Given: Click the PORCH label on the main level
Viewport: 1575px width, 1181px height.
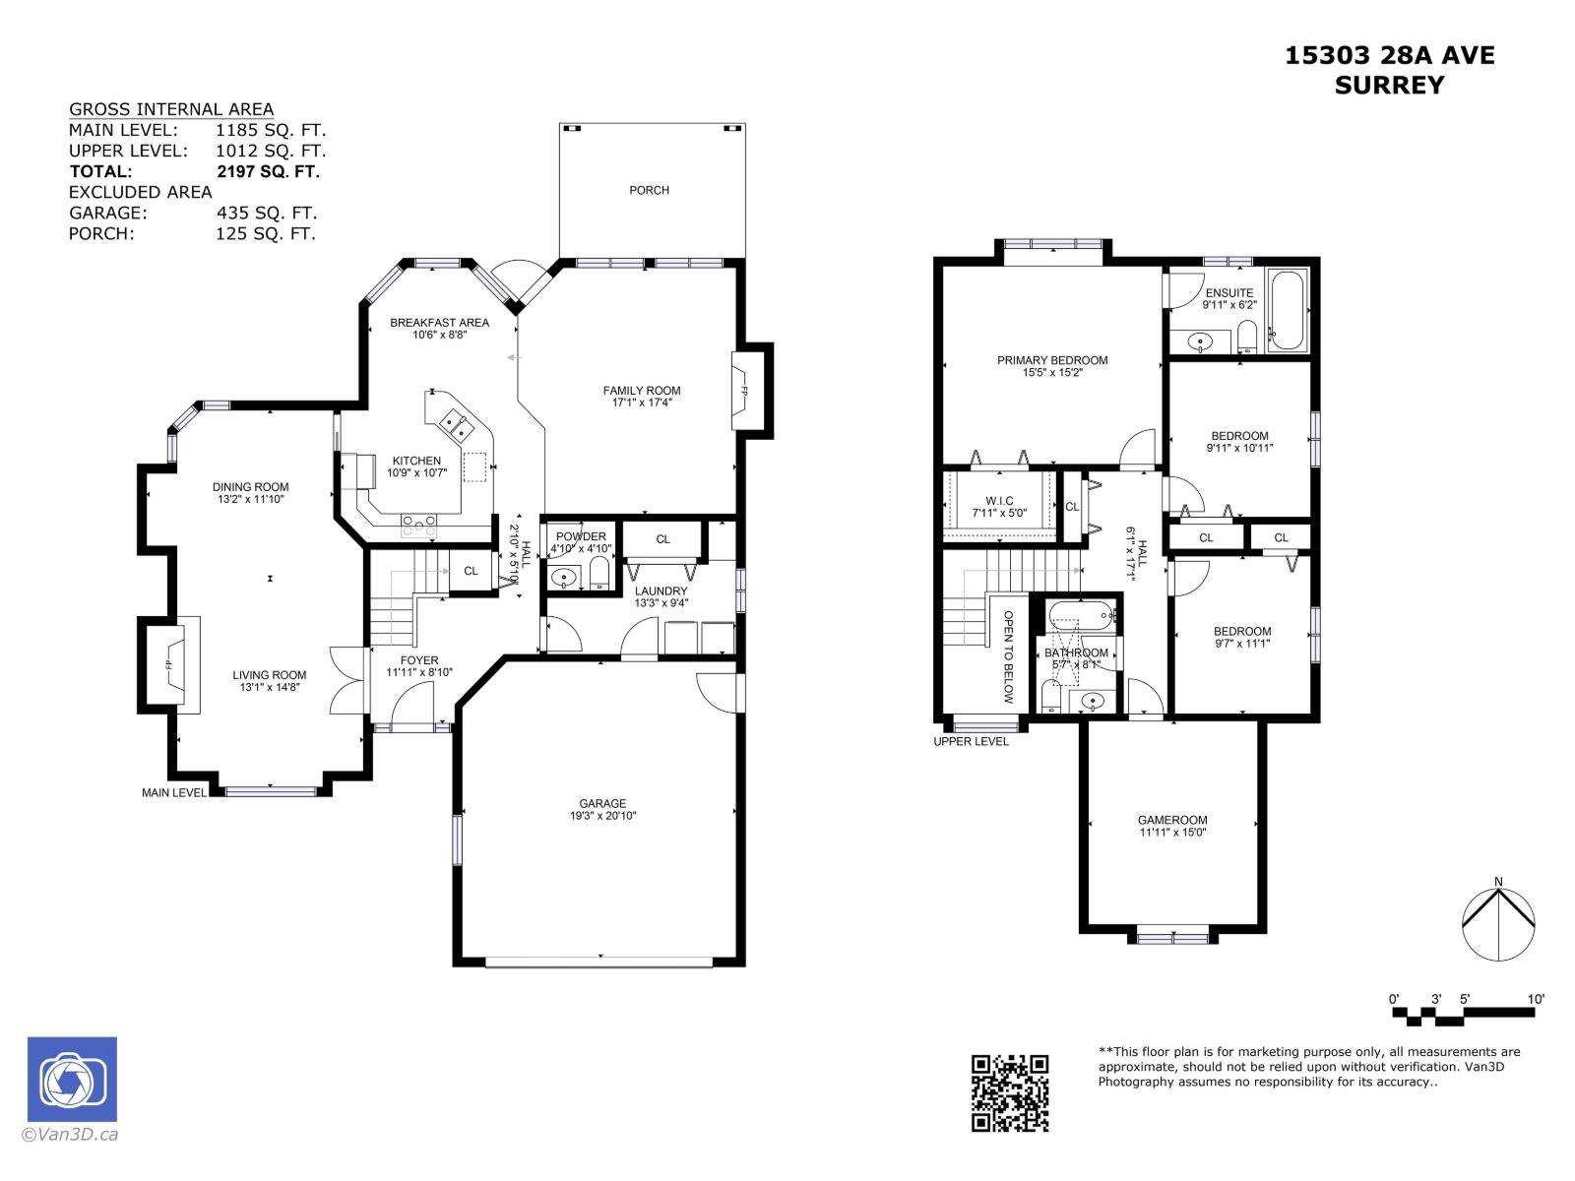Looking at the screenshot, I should click(x=649, y=190).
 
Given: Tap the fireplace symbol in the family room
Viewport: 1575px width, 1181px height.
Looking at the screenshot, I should click(x=745, y=391).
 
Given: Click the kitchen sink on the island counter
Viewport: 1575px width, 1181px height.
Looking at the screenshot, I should click(x=457, y=425).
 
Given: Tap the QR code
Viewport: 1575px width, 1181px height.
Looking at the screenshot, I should click(x=1010, y=1092).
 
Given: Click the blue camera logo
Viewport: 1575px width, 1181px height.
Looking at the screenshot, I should click(x=72, y=1080).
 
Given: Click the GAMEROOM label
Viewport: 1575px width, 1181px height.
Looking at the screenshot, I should click(x=1171, y=820).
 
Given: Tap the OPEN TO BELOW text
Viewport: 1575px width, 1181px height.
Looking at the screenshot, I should click(x=1008, y=656).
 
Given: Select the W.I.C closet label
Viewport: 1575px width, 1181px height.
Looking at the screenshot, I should click(x=998, y=501).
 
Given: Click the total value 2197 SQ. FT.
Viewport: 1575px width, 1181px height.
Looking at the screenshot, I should click(x=268, y=171).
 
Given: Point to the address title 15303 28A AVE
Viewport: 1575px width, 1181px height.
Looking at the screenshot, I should click(x=1389, y=56).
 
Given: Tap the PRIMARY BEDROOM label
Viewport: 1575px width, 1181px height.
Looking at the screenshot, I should click(x=1051, y=360).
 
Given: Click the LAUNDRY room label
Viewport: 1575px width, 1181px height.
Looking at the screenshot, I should click(x=661, y=590).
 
